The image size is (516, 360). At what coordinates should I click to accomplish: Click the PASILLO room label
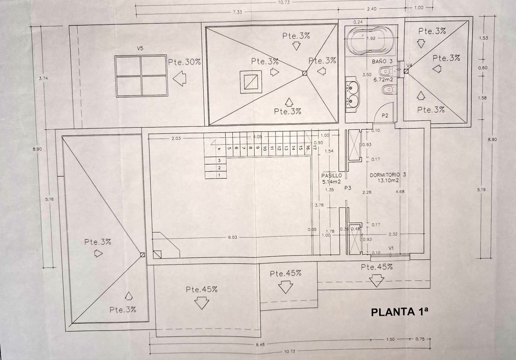click(331, 175)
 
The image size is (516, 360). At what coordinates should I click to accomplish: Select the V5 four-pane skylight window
click(141, 76)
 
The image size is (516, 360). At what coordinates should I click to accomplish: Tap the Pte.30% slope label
click(184, 62)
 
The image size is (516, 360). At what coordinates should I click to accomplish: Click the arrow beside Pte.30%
click(180, 79)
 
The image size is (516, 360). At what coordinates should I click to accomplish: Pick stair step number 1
click(219, 175)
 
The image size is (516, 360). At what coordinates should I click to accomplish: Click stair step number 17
click(314, 148)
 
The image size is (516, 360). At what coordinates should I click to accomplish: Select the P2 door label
click(385, 115)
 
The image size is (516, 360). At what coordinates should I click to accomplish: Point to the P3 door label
click(347, 188)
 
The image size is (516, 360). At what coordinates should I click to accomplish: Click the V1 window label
click(391, 248)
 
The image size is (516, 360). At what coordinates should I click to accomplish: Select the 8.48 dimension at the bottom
click(260, 345)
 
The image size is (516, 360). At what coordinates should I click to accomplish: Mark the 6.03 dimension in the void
click(232, 237)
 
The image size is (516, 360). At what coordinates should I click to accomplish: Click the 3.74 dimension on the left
click(43, 78)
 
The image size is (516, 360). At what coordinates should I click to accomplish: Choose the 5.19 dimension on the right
click(481, 190)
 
